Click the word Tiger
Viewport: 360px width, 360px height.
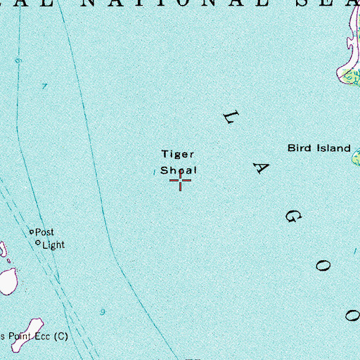[176, 154]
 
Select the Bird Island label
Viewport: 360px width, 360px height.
[319, 148]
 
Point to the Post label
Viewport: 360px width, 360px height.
[44, 231]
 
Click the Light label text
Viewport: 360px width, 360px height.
[53, 245]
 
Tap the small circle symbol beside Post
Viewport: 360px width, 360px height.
[31, 231]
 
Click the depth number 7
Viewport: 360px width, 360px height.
[44, 86]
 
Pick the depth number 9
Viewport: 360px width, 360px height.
[103, 311]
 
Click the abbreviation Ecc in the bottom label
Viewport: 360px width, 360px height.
[41, 337]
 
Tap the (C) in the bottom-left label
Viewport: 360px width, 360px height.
[61, 337]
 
